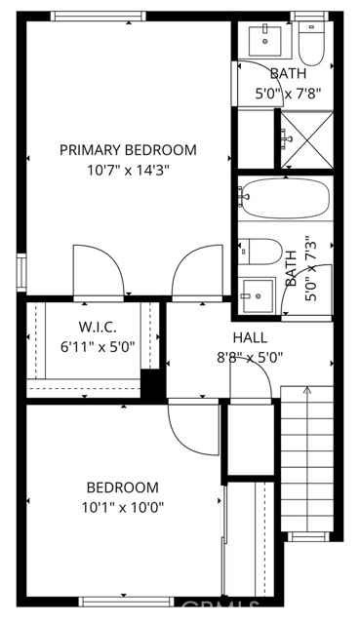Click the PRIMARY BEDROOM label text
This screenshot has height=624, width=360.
(128, 150)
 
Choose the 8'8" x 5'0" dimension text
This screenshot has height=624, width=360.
(250, 357)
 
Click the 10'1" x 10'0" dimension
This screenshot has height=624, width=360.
(122, 506)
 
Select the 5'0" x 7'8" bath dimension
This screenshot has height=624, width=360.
(288, 95)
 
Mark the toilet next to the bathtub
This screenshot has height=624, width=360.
(261, 252)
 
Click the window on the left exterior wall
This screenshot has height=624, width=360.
(21, 270)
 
